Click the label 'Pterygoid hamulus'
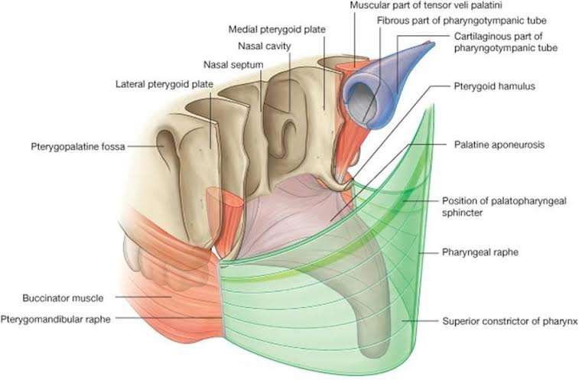[x=494, y=86]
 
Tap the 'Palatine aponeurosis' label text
[x=499, y=145]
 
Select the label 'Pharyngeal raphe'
[x=480, y=252]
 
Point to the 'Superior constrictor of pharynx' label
[x=509, y=321]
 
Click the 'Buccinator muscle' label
[x=63, y=298]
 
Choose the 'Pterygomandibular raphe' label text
[x=55, y=319]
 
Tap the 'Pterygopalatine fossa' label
[x=78, y=147]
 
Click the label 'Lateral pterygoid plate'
[x=164, y=84]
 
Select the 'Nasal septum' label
[x=233, y=65]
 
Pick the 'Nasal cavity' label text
[x=265, y=46]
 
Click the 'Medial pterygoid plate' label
[x=277, y=29]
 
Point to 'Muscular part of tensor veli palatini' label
[x=426, y=5]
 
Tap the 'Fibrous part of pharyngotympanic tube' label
[x=461, y=21]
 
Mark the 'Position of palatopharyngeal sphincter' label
[x=504, y=206]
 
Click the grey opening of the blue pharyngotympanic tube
[x=363, y=102]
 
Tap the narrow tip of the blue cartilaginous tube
[x=431, y=44]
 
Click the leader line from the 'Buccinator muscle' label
[x=143, y=297]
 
